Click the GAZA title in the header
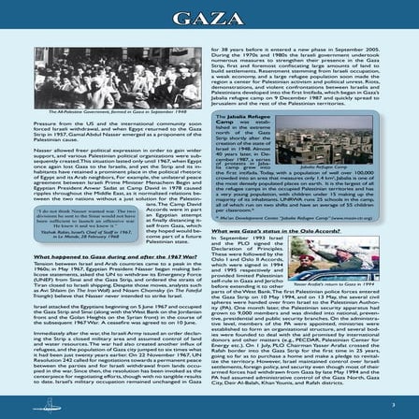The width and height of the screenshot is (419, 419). click(209, 20)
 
